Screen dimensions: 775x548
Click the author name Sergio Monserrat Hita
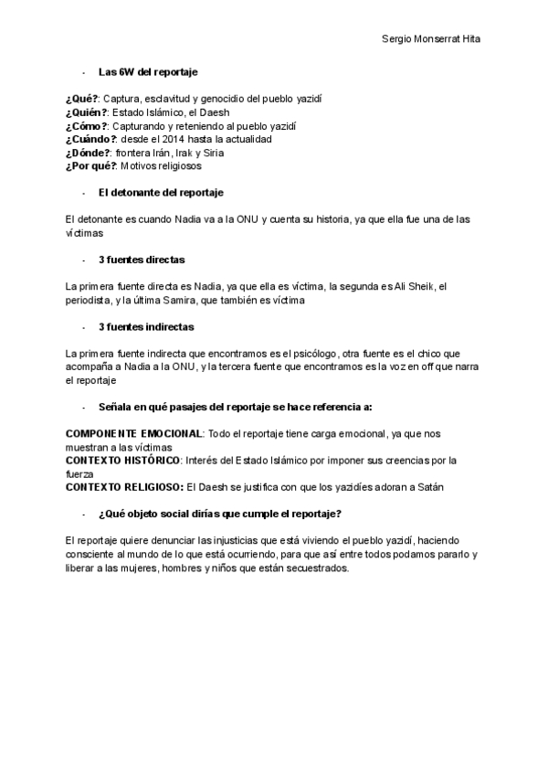(x=431, y=39)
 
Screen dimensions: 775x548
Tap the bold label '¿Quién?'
(x=86, y=111)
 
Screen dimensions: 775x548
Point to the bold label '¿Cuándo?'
(x=90, y=139)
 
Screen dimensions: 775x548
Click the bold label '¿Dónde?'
(x=88, y=153)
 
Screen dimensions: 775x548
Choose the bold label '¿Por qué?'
(x=90, y=166)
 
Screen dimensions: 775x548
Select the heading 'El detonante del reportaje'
(x=160, y=193)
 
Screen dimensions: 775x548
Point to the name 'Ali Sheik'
(x=416, y=286)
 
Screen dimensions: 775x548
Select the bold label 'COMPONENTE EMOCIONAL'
(x=133, y=433)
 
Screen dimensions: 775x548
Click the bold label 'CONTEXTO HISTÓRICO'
(x=123, y=460)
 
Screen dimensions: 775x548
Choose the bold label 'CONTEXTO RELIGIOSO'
(x=124, y=487)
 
